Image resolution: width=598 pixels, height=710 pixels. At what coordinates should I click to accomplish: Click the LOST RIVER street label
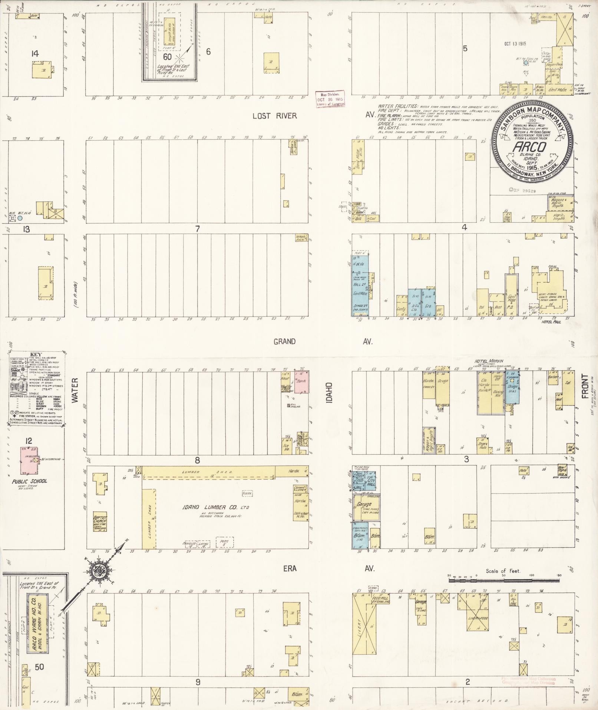point(274,116)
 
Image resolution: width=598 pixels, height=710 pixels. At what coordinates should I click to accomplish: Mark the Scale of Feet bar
point(503,579)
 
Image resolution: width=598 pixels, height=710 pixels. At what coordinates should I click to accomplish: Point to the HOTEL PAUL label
point(551,322)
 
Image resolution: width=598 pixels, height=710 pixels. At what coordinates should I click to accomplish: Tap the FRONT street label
point(585,386)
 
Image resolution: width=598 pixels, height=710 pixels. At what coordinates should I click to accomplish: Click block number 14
point(35,54)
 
